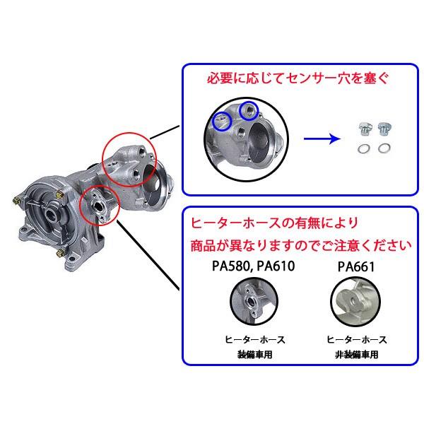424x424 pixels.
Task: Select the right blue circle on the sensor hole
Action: (x=247, y=110)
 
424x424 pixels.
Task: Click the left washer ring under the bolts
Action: (x=363, y=149)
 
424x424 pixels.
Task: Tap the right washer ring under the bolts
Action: (x=385, y=149)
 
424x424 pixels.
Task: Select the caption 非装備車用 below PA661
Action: (x=355, y=354)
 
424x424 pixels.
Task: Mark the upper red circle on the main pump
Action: (x=130, y=160)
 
